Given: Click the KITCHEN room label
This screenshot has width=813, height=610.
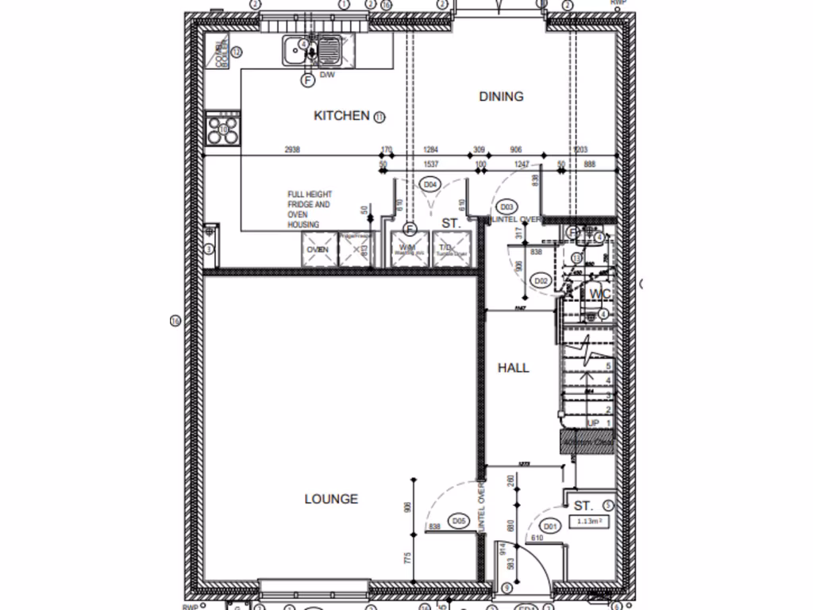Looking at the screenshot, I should [342, 116].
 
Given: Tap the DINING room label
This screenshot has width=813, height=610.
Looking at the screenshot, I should [501, 97].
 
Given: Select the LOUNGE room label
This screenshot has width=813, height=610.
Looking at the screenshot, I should [331, 499].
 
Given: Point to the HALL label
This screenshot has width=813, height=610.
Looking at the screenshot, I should [513, 368].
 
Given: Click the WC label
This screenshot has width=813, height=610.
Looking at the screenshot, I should [599, 295].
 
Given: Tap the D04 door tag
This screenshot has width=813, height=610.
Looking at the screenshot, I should [430, 185].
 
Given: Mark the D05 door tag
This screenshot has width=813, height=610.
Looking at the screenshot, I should [458, 521].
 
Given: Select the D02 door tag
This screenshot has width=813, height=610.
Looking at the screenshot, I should [541, 280].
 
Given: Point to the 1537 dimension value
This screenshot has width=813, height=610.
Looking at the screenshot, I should [431, 164].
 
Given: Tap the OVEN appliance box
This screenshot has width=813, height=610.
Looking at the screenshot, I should [318, 249].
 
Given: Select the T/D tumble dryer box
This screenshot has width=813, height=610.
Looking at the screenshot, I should [451, 249].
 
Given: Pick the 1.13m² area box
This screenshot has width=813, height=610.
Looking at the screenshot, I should [588, 522].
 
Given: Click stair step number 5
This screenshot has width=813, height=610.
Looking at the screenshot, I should [608, 367].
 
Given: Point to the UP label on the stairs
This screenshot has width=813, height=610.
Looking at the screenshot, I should [593, 423].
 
